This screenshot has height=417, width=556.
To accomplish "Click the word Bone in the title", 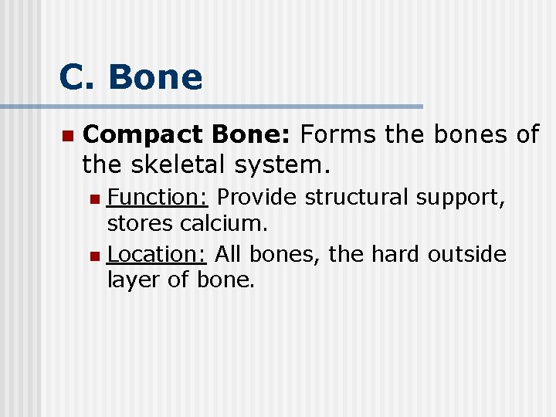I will (155, 77).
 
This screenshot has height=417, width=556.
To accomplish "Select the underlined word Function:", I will (158, 198).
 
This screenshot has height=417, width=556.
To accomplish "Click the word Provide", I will (256, 198).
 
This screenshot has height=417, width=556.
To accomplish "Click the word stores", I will (140, 225).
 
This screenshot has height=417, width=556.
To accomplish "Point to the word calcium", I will (224, 224).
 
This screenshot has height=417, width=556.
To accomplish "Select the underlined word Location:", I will (157, 253).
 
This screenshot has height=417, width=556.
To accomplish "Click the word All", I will (228, 253).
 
